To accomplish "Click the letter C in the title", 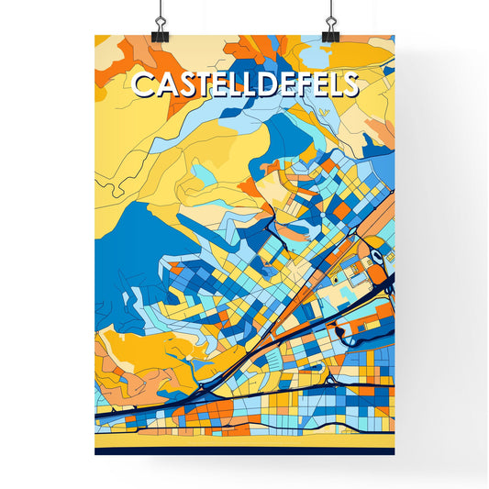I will [144, 85].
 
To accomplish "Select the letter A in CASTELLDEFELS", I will [165, 85].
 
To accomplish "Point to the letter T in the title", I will [203, 85].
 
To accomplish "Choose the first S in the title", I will [185, 85].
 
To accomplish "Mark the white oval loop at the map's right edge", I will [375, 259].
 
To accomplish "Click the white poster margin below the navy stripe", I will [244, 468].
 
